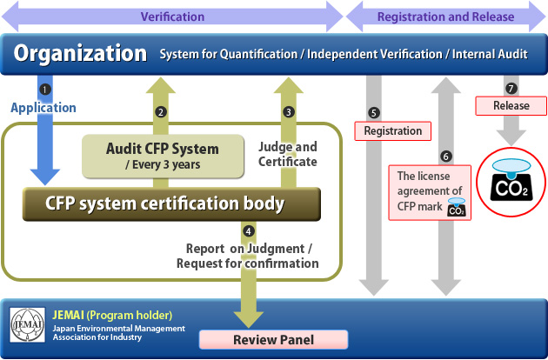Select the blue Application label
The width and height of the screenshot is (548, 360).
point(43,108)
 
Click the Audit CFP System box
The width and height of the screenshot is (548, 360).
point(163,154)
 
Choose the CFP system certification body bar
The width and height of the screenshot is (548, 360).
point(171,204)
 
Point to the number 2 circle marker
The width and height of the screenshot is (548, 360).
point(161,111)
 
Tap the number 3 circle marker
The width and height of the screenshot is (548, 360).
point(289,111)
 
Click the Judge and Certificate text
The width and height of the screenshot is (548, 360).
point(288,153)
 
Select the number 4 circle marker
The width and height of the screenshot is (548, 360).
point(249,231)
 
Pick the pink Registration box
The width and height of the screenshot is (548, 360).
point(392,131)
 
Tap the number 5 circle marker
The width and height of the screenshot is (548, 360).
point(374,112)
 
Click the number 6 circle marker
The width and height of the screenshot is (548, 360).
point(446,157)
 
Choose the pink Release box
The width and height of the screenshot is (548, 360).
point(511,106)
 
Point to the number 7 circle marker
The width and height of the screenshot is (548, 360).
point(511,89)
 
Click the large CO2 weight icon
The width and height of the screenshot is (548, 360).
point(511,177)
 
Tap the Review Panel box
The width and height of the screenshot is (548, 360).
point(273,338)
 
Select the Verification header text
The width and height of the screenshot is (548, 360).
point(172,17)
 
